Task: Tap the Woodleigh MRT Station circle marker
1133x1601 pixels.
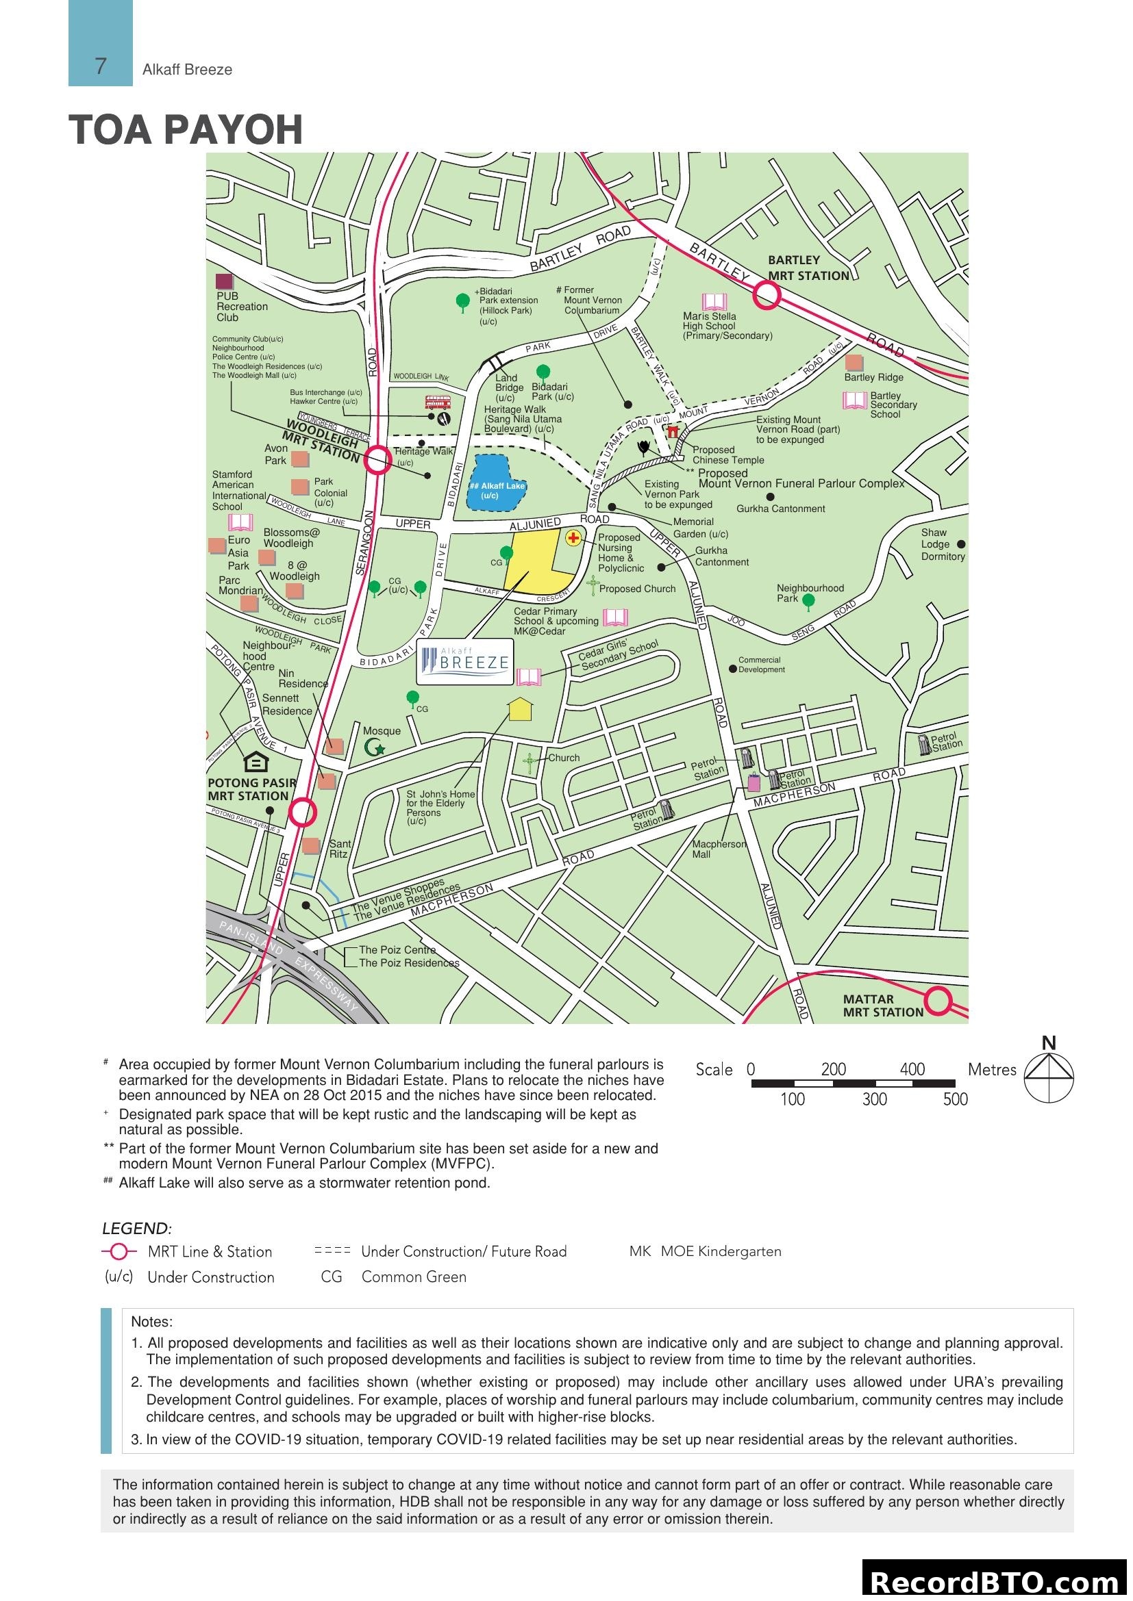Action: click(378, 459)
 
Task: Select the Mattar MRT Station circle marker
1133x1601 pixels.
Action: click(939, 1001)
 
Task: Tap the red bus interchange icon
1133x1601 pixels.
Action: click(438, 403)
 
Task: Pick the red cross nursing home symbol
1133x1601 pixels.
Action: click(573, 537)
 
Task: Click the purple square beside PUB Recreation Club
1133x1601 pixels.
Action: click(224, 282)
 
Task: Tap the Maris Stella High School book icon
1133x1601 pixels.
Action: click(714, 302)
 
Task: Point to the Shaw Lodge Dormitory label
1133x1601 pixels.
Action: click(943, 544)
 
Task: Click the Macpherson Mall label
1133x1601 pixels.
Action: click(718, 849)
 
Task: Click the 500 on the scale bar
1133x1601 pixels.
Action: click(955, 1100)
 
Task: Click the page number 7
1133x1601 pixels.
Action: click(101, 66)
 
